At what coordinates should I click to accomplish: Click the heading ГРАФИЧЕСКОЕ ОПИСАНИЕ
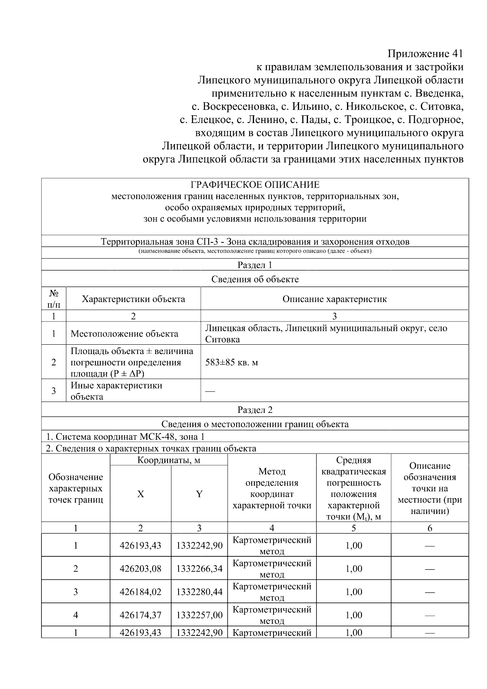[x=255, y=185]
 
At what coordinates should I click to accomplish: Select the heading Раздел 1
[x=255, y=265]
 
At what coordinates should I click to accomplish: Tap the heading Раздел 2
[x=255, y=410]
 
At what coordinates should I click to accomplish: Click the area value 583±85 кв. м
[x=231, y=362]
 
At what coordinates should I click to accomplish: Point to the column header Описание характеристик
[x=334, y=299]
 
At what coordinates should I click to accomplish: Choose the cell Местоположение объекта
[x=124, y=334]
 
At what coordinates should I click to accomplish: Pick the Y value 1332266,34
[x=199, y=568]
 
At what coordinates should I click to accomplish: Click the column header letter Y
[x=199, y=494]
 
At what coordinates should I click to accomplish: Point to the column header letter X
[x=140, y=494]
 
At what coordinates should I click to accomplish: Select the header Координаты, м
[x=168, y=460]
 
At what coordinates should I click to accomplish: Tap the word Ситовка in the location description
[x=222, y=339]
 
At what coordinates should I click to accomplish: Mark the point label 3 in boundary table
[x=75, y=592]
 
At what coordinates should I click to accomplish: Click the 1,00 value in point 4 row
[x=353, y=615]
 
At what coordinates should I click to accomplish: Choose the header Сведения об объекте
[x=255, y=279]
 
